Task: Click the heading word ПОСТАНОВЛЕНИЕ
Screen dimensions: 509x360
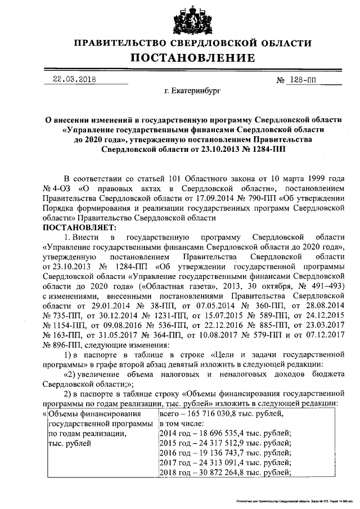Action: (193, 58)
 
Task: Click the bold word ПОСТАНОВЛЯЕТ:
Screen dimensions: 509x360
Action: (79, 227)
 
